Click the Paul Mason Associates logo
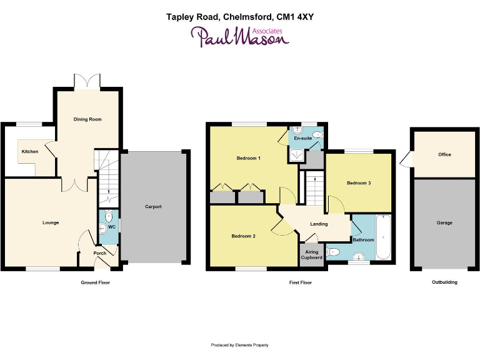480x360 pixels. (240, 37)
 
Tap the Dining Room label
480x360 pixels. (87, 119)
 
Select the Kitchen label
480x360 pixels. (30, 151)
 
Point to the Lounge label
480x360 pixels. (51, 222)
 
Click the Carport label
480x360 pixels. (154, 206)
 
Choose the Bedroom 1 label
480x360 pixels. (248, 158)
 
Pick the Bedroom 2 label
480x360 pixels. (243, 236)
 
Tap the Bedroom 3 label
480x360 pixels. (359, 182)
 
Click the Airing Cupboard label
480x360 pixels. (311, 254)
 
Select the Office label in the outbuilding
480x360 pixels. (444, 154)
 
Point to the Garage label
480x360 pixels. (444, 222)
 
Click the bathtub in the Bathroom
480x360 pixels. (383, 237)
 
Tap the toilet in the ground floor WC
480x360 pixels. (109, 217)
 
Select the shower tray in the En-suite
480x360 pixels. (296, 154)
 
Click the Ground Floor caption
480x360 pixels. (95, 282)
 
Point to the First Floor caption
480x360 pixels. (300, 282)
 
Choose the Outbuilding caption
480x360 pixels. (444, 282)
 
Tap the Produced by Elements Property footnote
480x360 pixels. (240, 345)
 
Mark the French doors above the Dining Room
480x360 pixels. (87, 81)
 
